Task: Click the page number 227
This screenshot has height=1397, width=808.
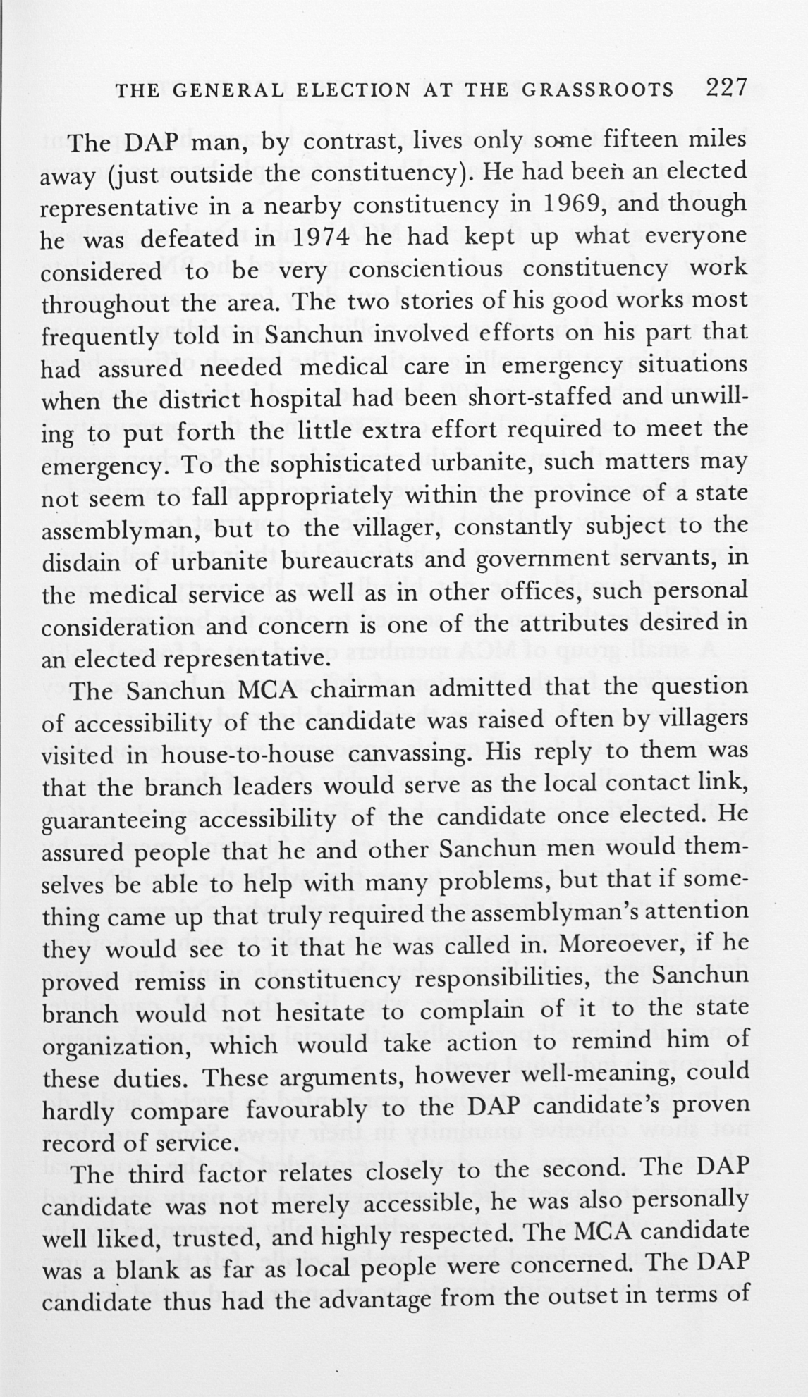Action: pyautogui.click(x=725, y=87)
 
